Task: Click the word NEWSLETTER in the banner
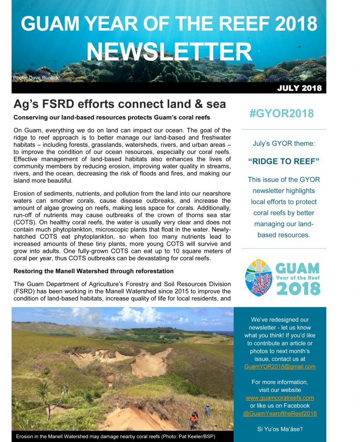click(169, 53)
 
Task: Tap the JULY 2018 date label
click(299, 88)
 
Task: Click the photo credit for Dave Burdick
click(36, 78)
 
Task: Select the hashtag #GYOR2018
click(281, 114)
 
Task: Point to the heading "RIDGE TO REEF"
click(284, 161)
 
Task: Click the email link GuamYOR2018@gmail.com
click(280, 366)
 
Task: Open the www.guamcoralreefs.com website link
click(280, 398)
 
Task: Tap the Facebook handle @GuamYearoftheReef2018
click(280, 413)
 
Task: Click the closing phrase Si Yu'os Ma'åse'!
click(280, 429)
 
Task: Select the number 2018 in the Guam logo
click(297, 288)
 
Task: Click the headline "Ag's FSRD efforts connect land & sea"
click(120, 104)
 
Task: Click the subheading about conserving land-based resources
click(106, 117)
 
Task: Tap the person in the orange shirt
click(194, 418)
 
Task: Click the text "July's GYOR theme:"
click(284, 143)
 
